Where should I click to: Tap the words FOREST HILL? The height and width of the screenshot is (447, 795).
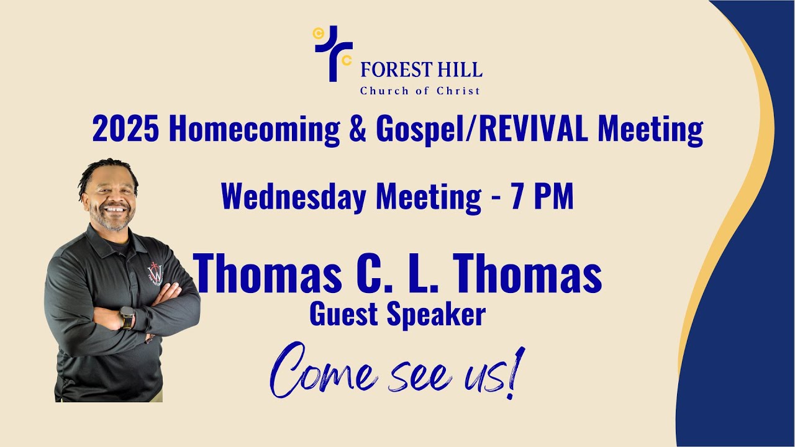point(421,70)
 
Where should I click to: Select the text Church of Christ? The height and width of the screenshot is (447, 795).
point(420,91)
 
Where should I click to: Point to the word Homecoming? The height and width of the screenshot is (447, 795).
point(254,130)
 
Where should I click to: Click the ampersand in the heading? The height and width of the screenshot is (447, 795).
point(358,130)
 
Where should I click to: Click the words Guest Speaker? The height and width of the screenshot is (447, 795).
point(397,315)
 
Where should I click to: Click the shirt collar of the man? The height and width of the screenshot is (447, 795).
point(102,238)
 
